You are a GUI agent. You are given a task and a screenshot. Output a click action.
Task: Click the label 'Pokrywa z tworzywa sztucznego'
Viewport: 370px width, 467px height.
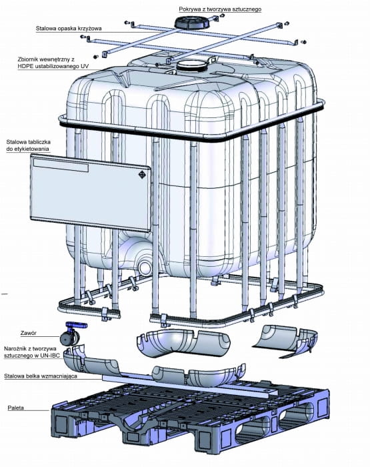220,9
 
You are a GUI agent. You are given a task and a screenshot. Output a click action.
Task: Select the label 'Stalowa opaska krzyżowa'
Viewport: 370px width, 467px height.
69,29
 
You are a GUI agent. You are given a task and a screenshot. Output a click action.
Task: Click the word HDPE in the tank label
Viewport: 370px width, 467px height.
25,66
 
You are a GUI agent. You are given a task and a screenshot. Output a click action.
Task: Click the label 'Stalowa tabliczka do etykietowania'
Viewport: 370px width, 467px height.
28,145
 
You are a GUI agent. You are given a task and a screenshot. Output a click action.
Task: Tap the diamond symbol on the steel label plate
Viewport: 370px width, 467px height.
143,174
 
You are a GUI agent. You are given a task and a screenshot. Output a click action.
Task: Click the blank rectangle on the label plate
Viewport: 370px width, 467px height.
61,165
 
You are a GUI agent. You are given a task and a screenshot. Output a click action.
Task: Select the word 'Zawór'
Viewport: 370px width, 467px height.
29,333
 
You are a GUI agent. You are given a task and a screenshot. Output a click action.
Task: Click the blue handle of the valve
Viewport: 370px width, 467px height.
76,326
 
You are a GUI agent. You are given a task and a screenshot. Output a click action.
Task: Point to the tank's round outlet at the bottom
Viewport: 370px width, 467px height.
145,267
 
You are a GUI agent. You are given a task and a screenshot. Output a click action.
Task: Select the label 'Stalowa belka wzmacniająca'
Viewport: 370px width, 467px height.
41,376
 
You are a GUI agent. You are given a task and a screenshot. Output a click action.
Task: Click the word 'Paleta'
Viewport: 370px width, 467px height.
16,408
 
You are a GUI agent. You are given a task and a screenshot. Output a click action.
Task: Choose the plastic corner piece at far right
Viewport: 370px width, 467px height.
286,340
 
